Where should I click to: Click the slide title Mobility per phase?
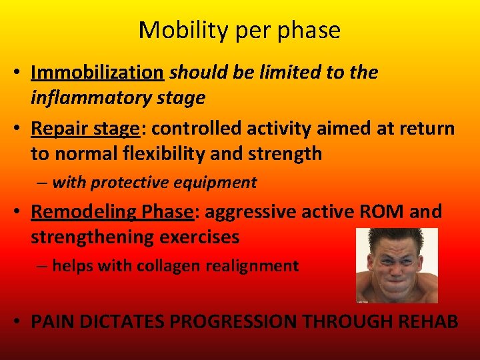coord(239,30)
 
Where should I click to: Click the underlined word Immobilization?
coord(97,73)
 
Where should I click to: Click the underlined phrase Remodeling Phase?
coord(112,212)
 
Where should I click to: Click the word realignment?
coord(257,266)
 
